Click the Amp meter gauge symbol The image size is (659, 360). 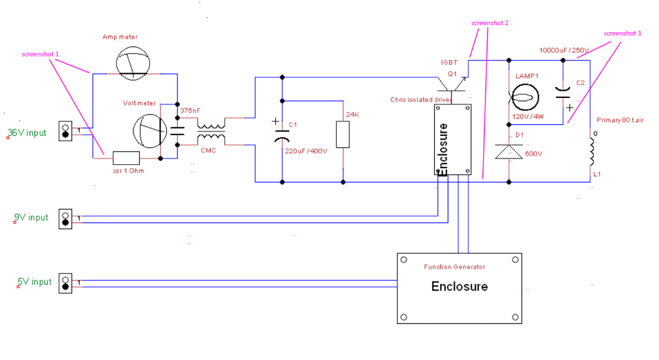pos(133,63)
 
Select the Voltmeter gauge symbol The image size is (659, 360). pos(151,129)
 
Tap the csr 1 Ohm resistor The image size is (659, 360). pos(126,157)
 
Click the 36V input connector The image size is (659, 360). pos(65,131)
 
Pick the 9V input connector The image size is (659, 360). pos(65,218)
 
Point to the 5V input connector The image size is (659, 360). pos(65,283)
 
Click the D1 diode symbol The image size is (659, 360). pos(510,151)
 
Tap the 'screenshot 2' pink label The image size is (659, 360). pos(490,23)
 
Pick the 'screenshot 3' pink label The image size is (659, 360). pos(622,33)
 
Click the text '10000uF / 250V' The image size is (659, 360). pos(564,50)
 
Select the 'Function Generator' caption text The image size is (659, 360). pos(454,267)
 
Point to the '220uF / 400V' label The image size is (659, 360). pos(307,151)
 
